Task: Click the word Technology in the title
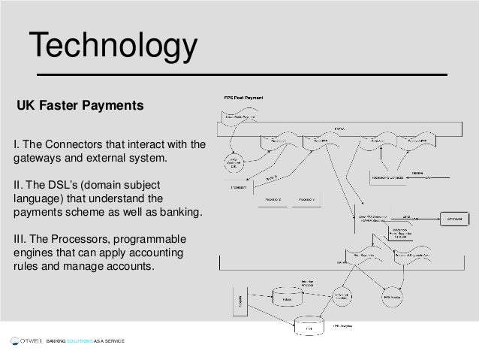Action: pos(113,46)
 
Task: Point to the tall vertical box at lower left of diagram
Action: pos(240,302)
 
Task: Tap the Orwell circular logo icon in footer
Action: pos(14,341)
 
